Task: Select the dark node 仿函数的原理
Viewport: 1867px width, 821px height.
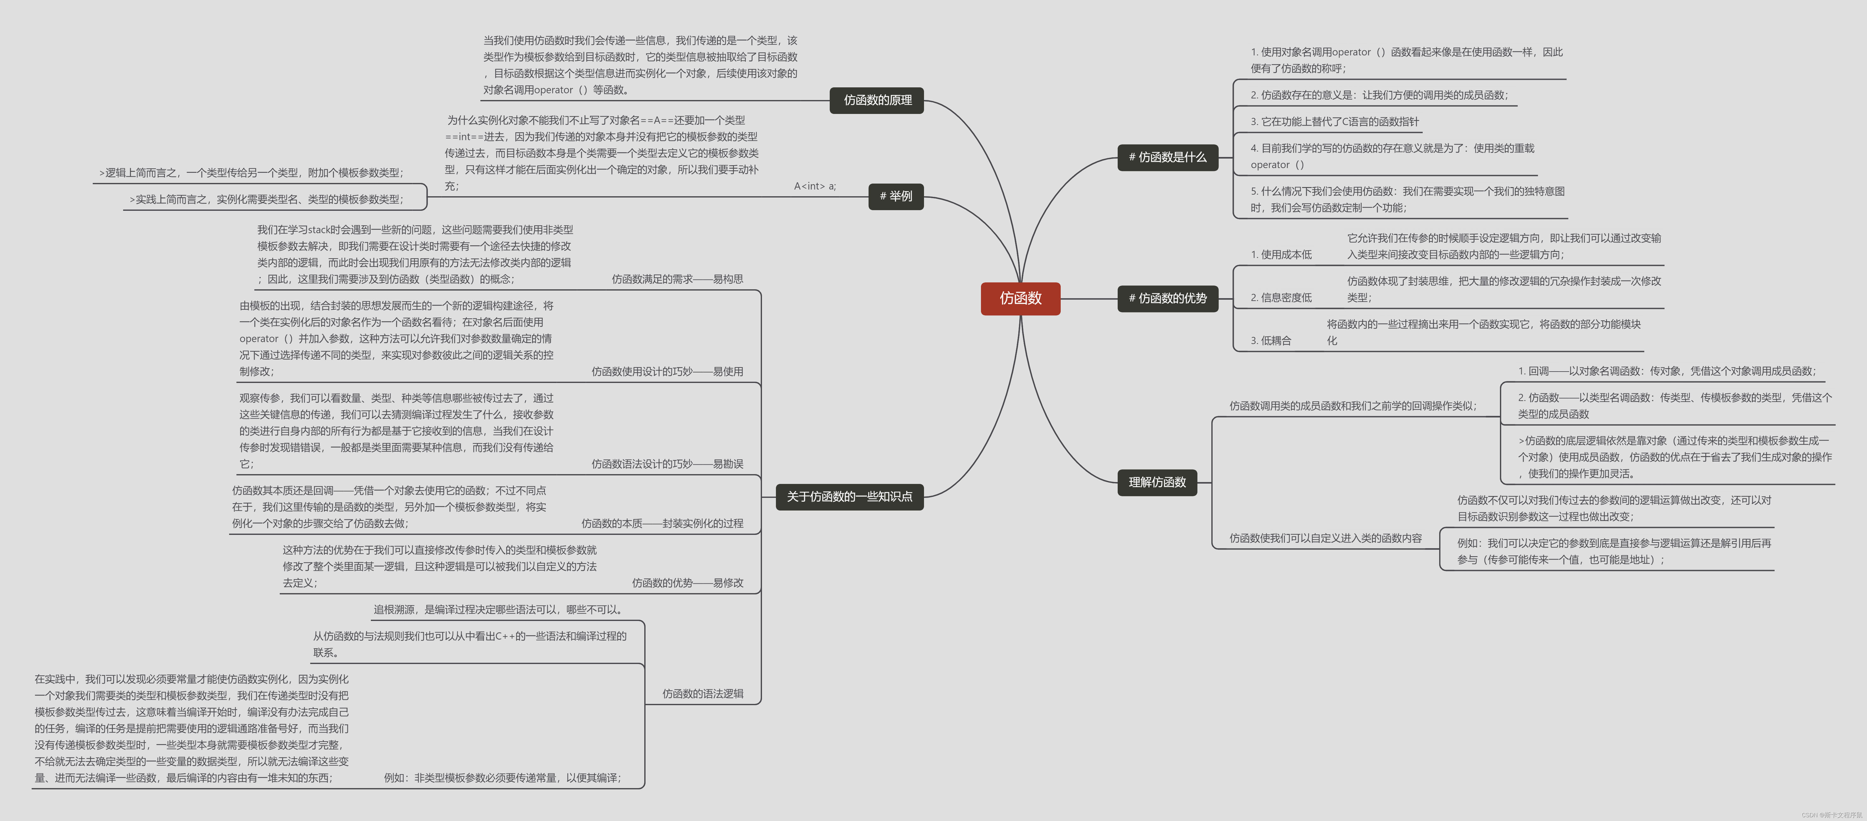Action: [877, 100]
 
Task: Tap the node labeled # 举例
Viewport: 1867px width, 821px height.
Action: [896, 196]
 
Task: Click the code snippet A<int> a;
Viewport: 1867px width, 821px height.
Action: [815, 186]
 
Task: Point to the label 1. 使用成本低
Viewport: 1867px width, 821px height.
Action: [1281, 254]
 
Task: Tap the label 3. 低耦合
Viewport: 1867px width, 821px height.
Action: [1271, 341]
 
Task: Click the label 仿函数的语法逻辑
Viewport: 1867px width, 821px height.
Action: [702, 693]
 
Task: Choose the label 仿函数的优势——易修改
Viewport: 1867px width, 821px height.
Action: [687, 583]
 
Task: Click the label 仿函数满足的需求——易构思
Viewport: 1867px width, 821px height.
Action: [677, 279]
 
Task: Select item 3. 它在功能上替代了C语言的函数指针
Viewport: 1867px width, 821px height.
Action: [1334, 122]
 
